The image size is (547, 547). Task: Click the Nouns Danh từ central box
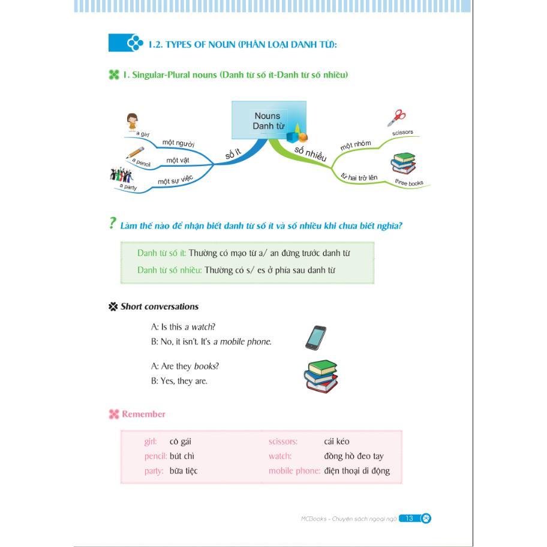click(x=268, y=121)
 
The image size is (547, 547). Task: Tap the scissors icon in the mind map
click(x=396, y=117)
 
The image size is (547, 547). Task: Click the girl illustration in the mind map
click(x=133, y=122)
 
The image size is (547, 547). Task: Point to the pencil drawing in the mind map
click(x=136, y=152)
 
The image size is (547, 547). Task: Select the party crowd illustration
click(x=121, y=175)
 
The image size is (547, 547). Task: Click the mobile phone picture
click(x=315, y=338)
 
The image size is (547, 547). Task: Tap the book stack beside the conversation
click(x=320, y=375)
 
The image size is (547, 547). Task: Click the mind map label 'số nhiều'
click(x=310, y=154)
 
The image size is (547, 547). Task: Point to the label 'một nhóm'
click(x=356, y=145)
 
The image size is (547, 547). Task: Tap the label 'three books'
click(x=409, y=182)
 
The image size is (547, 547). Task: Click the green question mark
click(x=112, y=223)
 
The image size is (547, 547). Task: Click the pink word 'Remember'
click(x=143, y=414)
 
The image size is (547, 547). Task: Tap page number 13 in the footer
click(x=409, y=518)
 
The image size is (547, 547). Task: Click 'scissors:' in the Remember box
click(x=283, y=441)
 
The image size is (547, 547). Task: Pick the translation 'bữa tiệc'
click(x=184, y=471)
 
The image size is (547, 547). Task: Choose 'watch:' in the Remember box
click(x=280, y=456)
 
